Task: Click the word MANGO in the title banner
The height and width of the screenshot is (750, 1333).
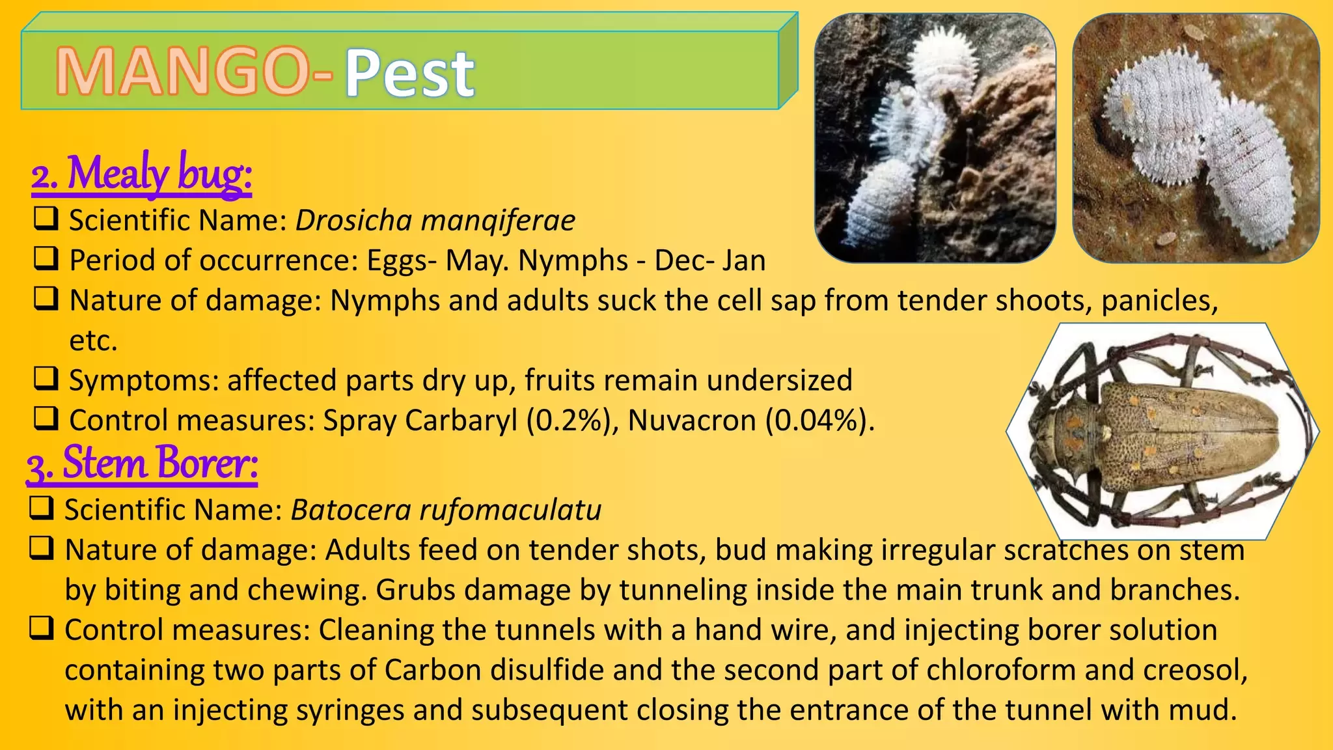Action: click(x=182, y=72)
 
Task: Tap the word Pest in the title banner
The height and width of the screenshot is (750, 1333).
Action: click(x=409, y=73)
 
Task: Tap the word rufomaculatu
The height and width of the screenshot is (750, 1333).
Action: click(x=510, y=510)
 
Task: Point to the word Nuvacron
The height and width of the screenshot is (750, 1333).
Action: click(x=692, y=421)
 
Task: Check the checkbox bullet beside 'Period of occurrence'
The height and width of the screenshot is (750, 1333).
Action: click(x=46, y=258)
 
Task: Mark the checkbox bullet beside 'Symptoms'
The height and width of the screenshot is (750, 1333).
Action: click(x=46, y=378)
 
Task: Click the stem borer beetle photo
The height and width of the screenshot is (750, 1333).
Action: click(x=1163, y=431)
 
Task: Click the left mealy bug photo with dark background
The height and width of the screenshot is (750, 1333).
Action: click(x=935, y=138)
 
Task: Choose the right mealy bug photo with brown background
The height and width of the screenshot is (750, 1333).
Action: click(x=1196, y=138)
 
